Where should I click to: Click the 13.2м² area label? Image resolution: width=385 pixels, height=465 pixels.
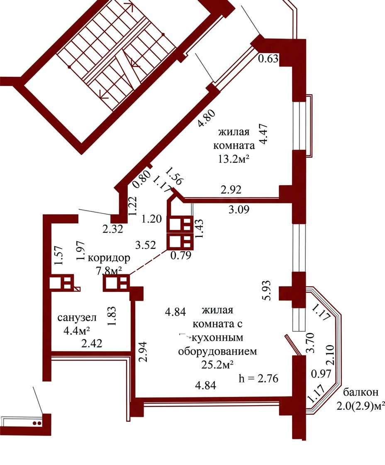(233, 159)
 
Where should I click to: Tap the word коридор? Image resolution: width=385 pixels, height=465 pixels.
(109, 258)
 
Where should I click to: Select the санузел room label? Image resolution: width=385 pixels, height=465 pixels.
(77, 318)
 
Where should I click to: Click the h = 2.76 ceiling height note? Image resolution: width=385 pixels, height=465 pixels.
(258, 378)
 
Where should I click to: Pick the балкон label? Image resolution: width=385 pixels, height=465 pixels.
(361, 392)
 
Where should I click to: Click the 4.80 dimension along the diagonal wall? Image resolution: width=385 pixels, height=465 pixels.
(207, 118)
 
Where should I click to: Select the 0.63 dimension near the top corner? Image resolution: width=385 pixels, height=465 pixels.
(268, 59)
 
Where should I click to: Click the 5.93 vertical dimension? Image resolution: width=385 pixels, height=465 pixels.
(267, 290)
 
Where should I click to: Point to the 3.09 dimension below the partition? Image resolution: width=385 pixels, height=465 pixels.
(239, 209)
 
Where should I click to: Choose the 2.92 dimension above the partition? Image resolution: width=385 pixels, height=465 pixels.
(231, 189)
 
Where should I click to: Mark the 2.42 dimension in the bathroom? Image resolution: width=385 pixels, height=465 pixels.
(92, 343)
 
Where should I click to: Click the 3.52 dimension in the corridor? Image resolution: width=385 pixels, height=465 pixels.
(145, 245)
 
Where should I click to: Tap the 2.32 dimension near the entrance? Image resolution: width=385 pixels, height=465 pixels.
(112, 229)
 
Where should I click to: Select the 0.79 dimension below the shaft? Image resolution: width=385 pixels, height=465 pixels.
(181, 255)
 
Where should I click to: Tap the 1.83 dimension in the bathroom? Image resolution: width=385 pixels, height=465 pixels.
(113, 316)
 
